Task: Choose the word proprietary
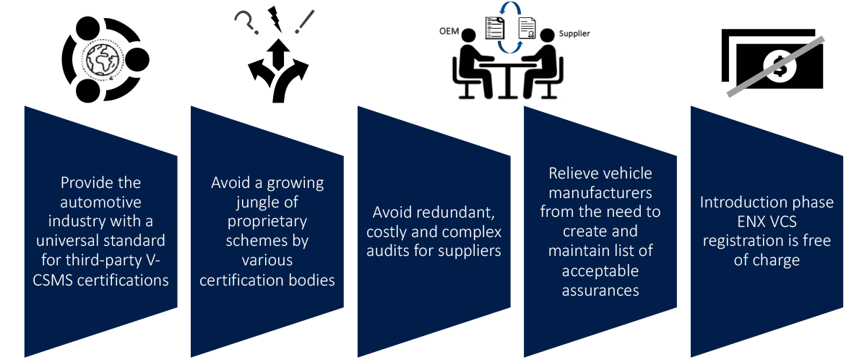(267, 220)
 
